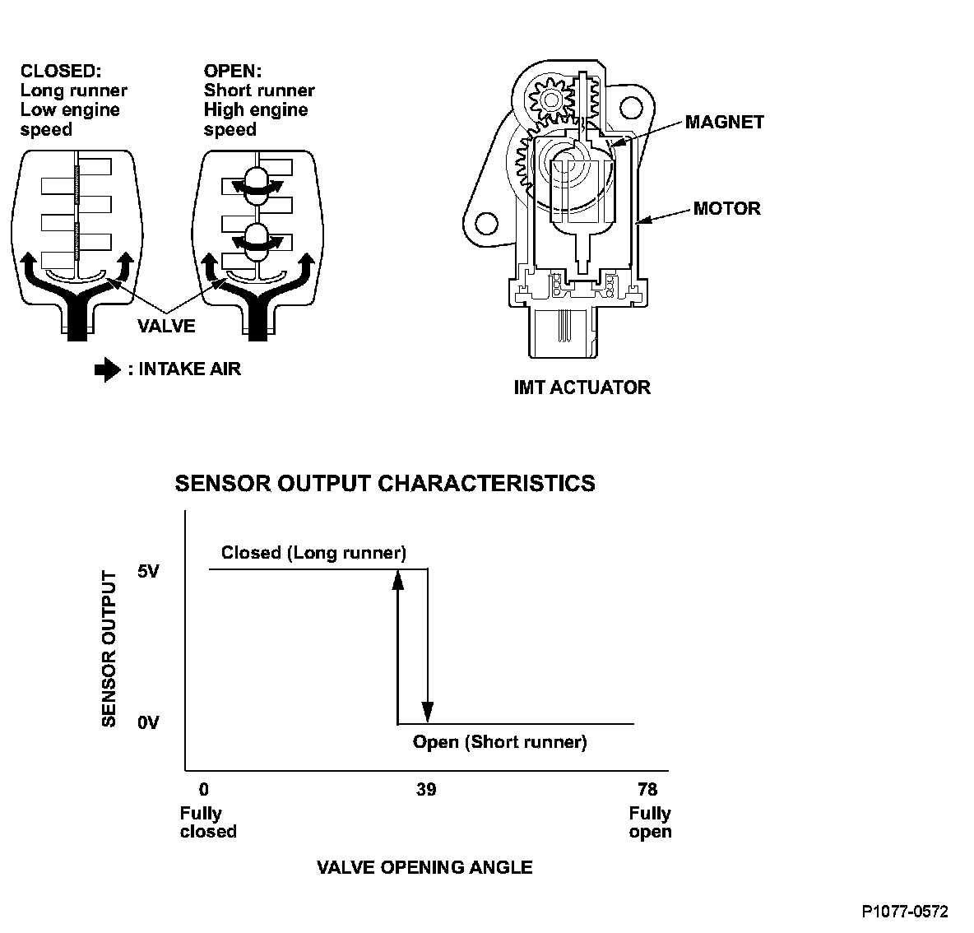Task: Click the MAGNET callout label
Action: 724,122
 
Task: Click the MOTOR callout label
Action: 726,208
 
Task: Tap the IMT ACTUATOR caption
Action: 582,387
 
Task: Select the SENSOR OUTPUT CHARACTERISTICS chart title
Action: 385,483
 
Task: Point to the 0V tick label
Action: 148,722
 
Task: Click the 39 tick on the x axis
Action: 425,790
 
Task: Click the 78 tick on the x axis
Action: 647,790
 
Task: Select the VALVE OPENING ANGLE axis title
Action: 424,867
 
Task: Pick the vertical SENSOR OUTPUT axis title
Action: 109,648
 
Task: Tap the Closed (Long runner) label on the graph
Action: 313,553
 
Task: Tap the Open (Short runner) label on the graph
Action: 499,742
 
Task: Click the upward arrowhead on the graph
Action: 397,580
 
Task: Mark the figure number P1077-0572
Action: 905,912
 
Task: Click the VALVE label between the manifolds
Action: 167,326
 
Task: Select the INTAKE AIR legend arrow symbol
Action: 108,370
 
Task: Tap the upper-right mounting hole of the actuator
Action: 629,106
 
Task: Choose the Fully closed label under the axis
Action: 207,822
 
